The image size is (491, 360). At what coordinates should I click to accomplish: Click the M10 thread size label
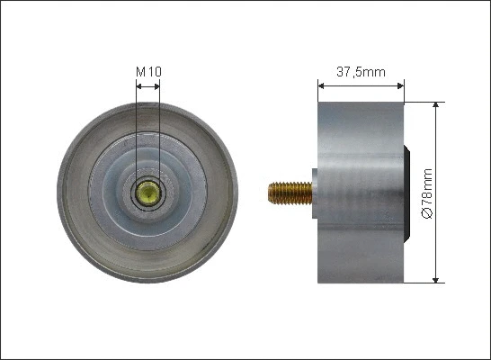click(x=147, y=71)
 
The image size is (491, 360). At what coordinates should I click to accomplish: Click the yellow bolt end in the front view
click(x=147, y=192)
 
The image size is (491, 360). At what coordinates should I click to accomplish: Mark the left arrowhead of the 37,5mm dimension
click(x=321, y=86)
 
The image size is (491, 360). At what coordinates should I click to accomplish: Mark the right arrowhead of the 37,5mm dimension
click(x=401, y=86)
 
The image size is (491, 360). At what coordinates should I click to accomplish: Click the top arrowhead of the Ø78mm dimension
click(x=437, y=105)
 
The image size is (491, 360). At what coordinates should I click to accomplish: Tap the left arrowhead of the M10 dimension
click(x=138, y=86)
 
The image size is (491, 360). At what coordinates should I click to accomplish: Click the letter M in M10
click(x=140, y=71)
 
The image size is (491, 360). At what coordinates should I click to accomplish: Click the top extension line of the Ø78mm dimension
click(x=423, y=102)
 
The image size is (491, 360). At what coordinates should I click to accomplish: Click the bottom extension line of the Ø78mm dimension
click(x=423, y=282)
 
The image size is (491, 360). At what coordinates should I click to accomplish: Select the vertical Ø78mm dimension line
click(x=437, y=144)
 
